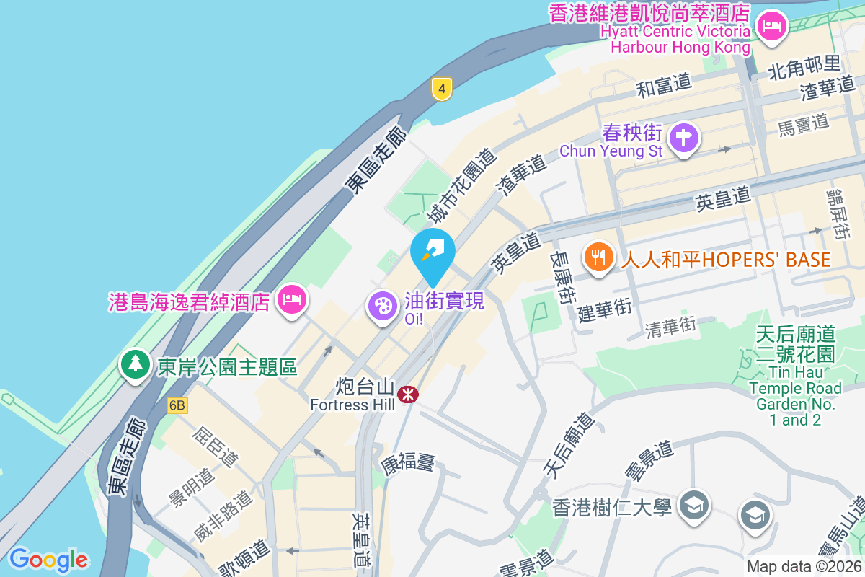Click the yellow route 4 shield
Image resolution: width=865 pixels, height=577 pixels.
point(442,89)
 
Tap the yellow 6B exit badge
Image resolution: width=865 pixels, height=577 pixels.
point(177,405)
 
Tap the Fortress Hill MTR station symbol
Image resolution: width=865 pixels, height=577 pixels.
point(408,394)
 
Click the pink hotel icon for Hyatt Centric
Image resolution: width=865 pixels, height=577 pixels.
point(772,27)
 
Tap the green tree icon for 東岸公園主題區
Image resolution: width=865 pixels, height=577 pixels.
point(135,365)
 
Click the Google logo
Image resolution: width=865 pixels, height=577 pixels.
point(48,559)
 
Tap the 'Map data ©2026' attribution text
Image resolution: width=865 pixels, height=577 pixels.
point(804,566)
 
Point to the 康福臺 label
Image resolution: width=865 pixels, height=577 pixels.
point(408,462)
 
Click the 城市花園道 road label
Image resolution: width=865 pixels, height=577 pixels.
point(461,186)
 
